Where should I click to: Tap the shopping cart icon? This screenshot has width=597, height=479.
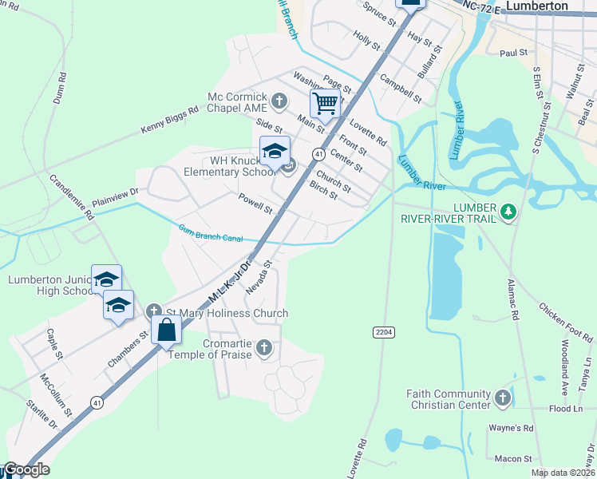325,104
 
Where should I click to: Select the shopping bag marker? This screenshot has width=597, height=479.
165,330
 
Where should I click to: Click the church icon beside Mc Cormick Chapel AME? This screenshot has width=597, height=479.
279,101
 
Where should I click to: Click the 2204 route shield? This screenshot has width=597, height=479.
383,331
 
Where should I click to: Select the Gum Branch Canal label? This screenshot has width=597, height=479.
209,233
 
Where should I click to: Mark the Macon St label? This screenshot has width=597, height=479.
512,459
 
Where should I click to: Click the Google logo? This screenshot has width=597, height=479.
26,470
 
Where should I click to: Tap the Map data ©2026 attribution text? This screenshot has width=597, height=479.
562,473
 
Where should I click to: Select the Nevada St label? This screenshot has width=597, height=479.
260,276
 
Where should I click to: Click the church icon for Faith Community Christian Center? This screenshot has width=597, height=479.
502,397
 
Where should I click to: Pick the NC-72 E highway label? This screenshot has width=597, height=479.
482,6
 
